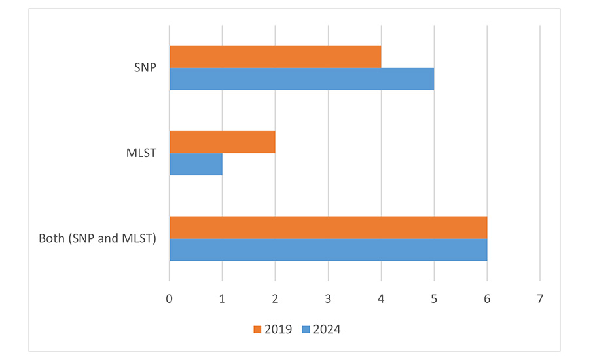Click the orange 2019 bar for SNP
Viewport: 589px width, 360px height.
[275, 56]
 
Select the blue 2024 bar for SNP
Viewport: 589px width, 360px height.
[301, 79]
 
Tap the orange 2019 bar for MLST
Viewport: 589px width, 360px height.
[222, 141]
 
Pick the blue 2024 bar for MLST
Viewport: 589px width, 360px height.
[196, 164]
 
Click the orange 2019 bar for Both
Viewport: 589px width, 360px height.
[328, 227]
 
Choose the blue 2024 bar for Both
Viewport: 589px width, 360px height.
[328, 249]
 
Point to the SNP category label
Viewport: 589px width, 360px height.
[144, 67]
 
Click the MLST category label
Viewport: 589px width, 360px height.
[140, 153]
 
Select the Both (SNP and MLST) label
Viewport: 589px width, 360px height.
[97, 238]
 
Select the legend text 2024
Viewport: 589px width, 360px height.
[327, 329]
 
